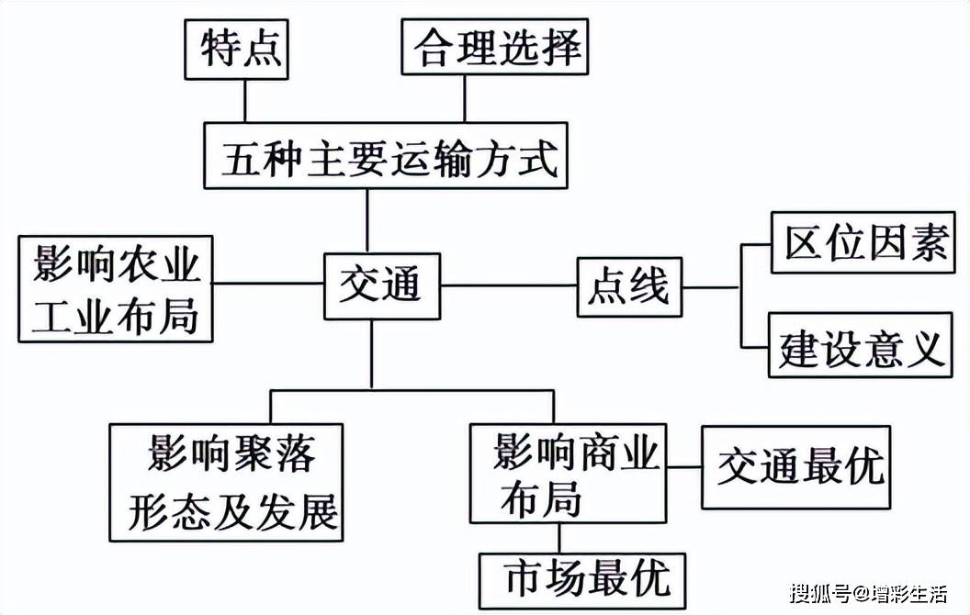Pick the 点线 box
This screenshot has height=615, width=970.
coord(628,287)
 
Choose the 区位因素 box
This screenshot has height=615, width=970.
coord(867,243)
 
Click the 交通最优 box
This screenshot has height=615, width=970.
coord(796,466)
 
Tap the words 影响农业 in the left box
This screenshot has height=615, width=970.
coord(117,265)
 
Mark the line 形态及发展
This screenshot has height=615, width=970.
coord(232,509)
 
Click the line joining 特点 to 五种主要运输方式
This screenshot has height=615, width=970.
coord(244,102)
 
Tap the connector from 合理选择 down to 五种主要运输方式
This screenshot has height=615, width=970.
coord(466,100)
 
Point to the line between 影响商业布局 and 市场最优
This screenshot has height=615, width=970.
coord(560,536)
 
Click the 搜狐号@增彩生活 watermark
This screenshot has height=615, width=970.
coord(867,593)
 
